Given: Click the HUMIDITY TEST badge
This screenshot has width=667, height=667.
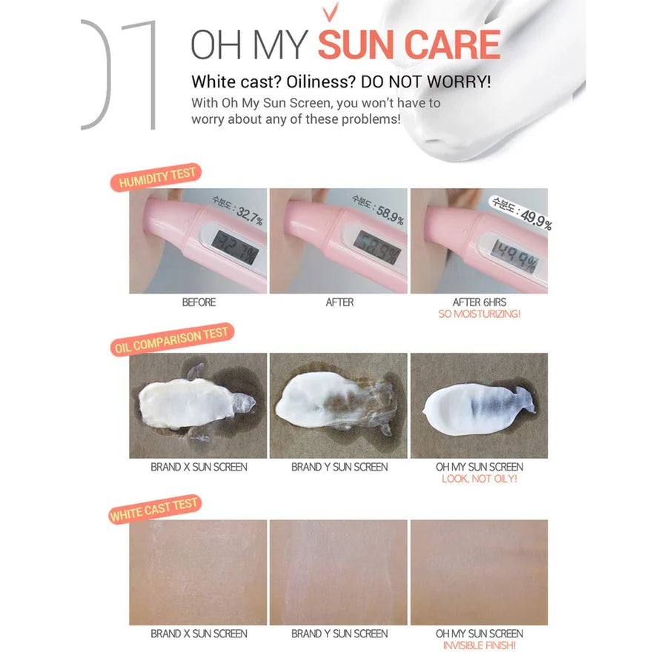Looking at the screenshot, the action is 156,177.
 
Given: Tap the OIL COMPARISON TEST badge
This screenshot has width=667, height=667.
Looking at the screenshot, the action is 172,339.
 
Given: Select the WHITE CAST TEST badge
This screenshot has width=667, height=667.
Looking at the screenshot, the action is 154,509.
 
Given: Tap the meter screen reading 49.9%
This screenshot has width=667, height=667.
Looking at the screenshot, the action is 515,256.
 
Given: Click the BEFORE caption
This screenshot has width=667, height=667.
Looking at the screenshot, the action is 199,302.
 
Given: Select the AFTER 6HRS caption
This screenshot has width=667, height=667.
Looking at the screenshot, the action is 479,302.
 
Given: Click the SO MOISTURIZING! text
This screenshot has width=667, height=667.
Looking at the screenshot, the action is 479,314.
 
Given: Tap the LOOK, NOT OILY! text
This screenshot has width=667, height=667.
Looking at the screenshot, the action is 479,479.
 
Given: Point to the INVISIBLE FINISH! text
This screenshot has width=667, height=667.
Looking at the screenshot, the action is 479,646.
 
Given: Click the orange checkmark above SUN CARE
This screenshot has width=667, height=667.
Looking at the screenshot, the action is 331,11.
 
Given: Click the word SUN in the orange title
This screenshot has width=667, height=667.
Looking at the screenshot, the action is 356,44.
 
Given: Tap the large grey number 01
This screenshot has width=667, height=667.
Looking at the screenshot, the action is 119,75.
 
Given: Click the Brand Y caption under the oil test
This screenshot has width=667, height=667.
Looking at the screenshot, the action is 339,467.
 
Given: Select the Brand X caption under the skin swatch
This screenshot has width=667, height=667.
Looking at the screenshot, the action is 199,634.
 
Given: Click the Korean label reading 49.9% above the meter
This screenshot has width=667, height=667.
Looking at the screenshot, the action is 522,213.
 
